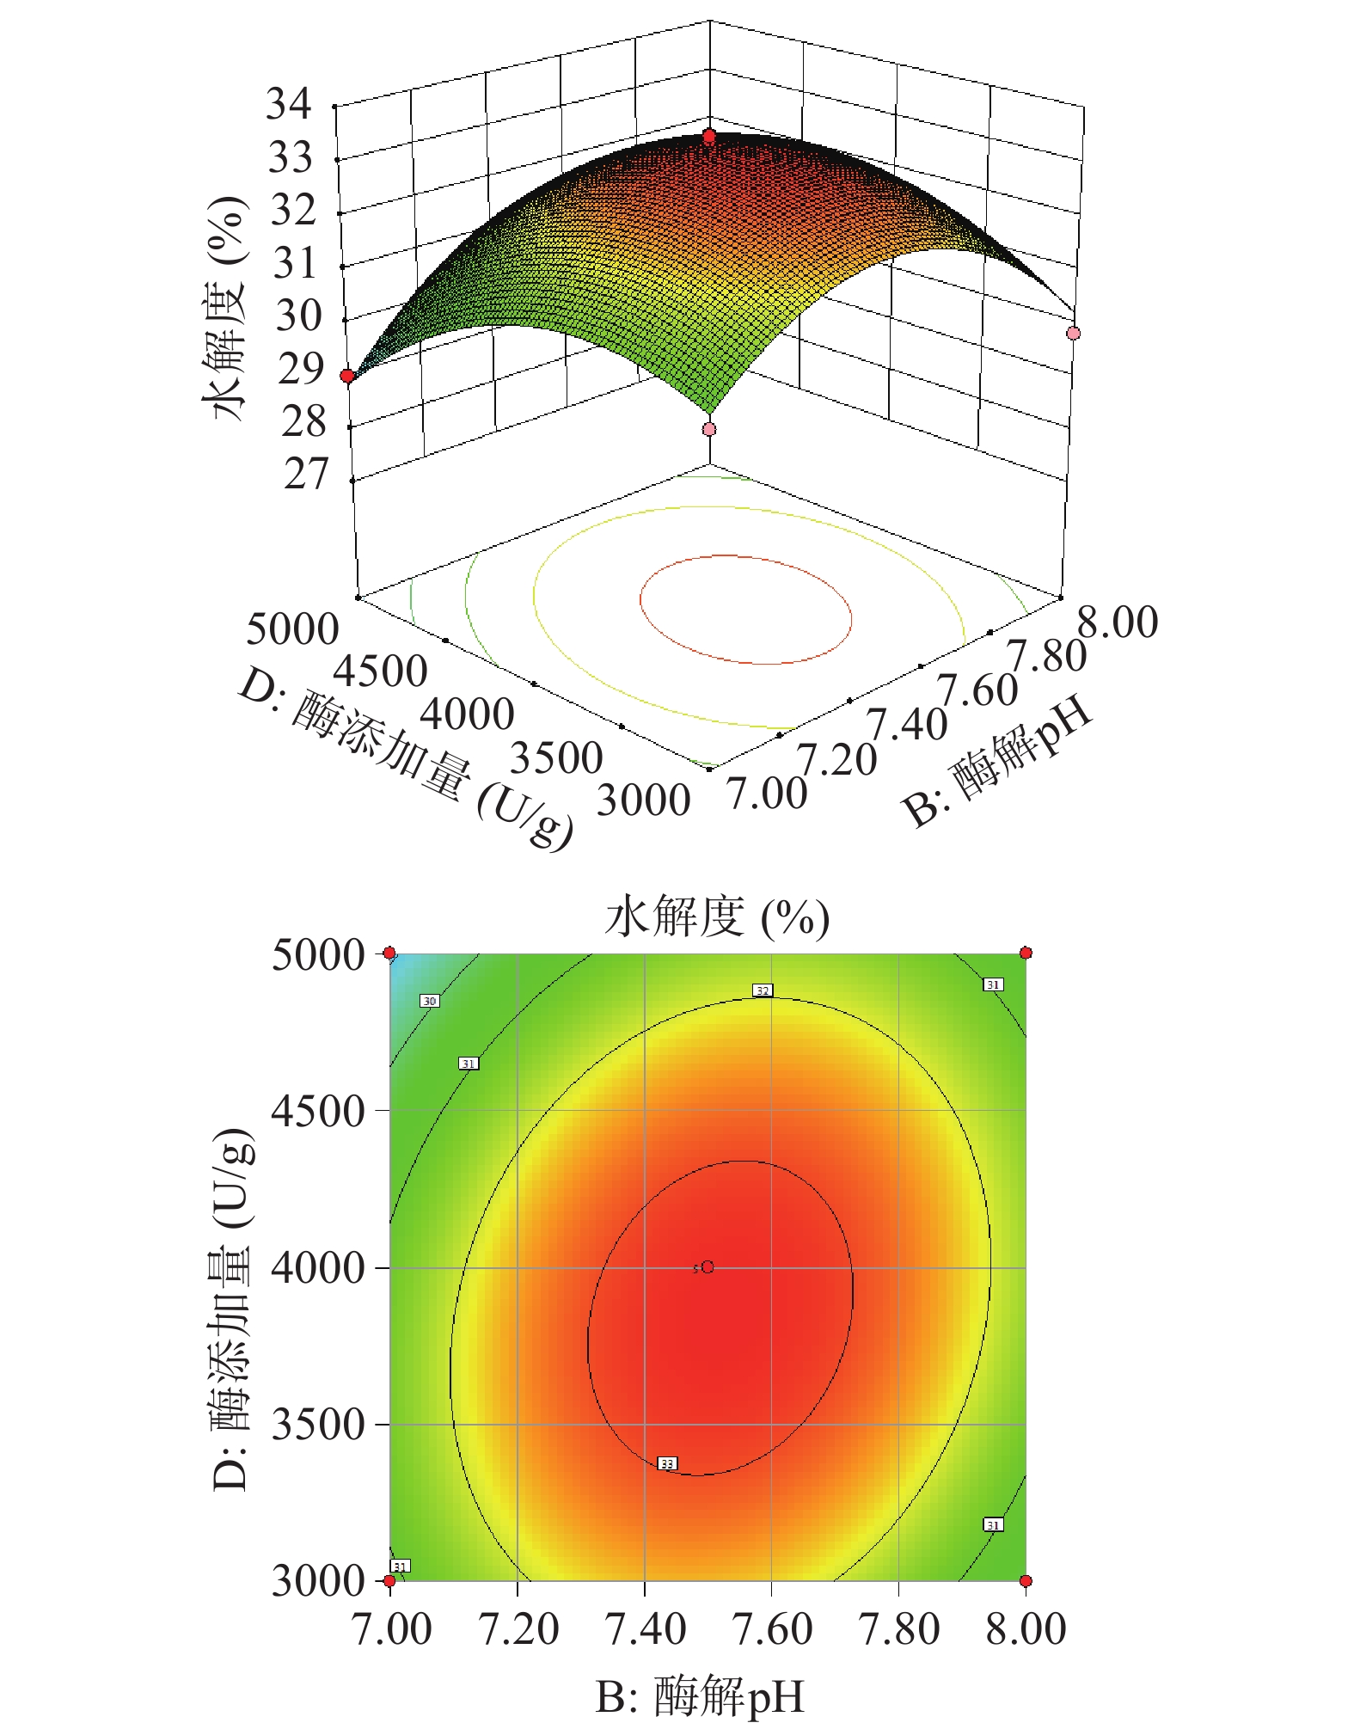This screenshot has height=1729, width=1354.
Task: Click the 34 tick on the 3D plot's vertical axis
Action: click(x=289, y=105)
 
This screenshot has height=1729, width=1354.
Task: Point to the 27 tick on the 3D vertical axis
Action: click(x=306, y=474)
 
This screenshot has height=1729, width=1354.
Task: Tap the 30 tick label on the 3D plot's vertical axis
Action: click(x=298, y=316)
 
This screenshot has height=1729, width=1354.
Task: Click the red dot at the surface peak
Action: click(x=709, y=137)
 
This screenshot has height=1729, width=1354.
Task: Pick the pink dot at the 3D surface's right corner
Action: click(x=1073, y=333)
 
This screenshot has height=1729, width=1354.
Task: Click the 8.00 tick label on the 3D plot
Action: click(x=1118, y=622)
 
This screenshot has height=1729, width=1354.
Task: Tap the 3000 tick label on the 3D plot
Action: click(x=643, y=800)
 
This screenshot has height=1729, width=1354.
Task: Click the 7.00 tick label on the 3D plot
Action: click(x=767, y=793)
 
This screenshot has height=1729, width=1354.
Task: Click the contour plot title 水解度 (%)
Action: click(x=717, y=917)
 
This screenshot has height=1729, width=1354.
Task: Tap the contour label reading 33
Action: click(x=667, y=1463)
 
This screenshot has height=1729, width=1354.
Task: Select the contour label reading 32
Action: click(x=763, y=990)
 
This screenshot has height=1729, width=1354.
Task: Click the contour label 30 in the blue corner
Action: click(x=430, y=1001)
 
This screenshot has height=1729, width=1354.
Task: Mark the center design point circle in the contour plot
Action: click(x=708, y=1267)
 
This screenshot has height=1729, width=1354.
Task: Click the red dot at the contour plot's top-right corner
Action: click(x=1026, y=953)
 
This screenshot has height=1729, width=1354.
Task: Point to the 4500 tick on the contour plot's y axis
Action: click(x=318, y=1111)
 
